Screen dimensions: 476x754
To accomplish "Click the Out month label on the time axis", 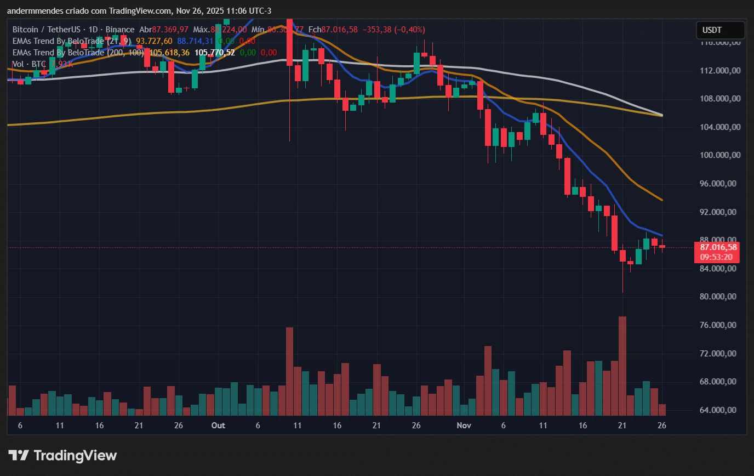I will pos(218,426).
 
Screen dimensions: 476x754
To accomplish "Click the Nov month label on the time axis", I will pos(464,426).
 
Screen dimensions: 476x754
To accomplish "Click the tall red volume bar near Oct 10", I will pos(289,371).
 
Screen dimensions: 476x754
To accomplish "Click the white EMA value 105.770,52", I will pos(215,53).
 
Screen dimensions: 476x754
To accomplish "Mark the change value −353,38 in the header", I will pos(378,29).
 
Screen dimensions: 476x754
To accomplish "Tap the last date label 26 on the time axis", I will pos(661,426).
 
